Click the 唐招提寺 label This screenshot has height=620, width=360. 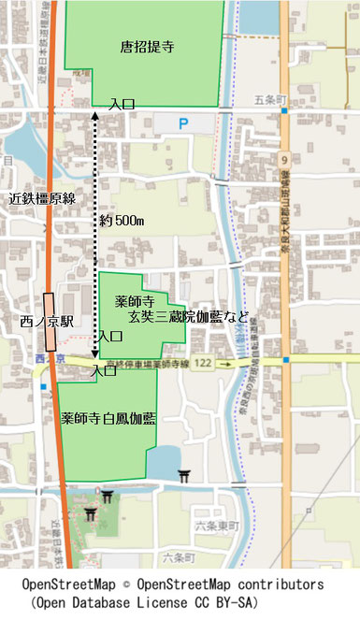(x=149, y=44)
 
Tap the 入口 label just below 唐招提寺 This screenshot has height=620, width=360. (x=122, y=105)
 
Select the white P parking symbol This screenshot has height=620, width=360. (x=183, y=123)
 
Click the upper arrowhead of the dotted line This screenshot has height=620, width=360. (x=95, y=114)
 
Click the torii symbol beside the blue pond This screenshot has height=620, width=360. (x=184, y=477)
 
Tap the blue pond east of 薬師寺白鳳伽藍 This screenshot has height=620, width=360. (x=165, y=463)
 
